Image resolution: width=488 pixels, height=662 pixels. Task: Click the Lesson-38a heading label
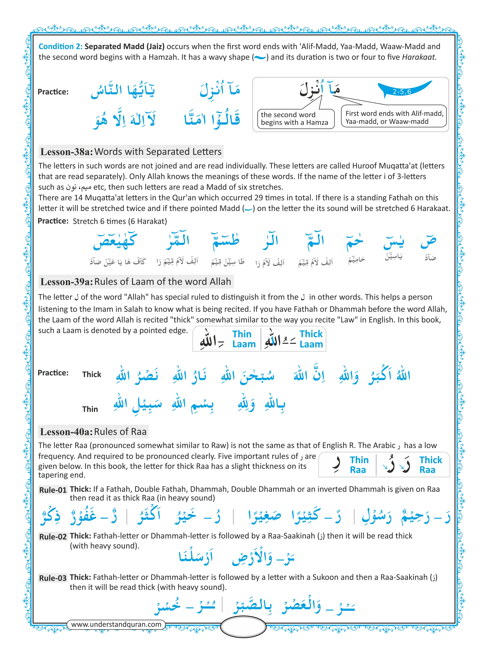point(67,152)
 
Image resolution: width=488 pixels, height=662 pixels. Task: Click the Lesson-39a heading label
point(67,282)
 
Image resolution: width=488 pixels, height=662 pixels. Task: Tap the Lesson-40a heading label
point(66,432)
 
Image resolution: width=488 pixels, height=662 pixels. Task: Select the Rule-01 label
point(53,490)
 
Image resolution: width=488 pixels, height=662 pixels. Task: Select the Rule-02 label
point(53,536)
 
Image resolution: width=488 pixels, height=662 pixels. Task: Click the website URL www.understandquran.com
point(116,624)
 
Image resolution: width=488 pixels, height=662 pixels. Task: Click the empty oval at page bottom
point(244,627)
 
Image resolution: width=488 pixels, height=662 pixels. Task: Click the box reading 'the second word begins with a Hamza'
point(295,119)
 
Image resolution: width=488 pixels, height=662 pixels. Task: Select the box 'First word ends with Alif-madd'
point(394,117)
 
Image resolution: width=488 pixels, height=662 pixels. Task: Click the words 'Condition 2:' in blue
point(61,46)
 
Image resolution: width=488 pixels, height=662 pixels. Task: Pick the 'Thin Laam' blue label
point(244,339)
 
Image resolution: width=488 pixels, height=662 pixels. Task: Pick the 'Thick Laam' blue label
point(311,339)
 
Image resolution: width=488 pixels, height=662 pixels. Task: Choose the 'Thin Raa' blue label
point(359,465)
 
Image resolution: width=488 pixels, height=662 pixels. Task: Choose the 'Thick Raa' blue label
point(430,465)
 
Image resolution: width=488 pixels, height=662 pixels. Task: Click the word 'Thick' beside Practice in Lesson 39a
point(91,374)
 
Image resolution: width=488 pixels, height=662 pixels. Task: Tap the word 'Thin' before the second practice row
point(90,409)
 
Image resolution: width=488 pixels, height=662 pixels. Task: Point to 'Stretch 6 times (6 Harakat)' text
point(120,221)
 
